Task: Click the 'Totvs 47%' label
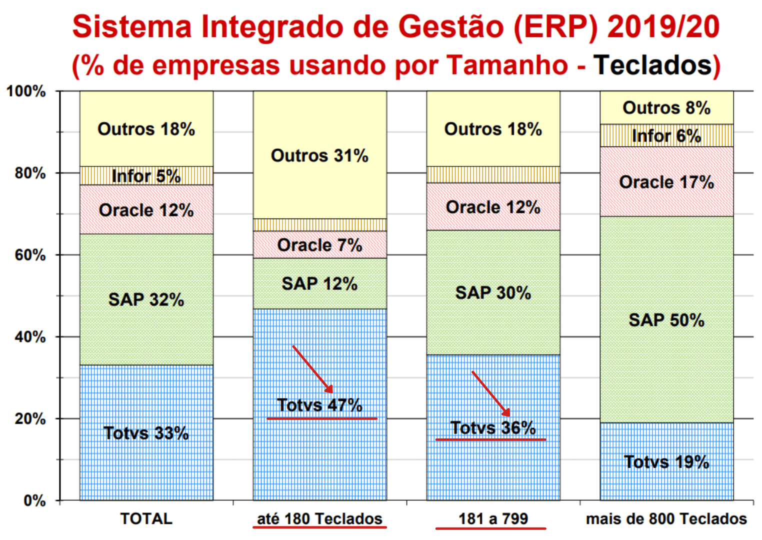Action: coord(320,405)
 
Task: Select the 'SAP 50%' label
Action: coord(666,320)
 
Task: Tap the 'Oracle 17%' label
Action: coord(666,182)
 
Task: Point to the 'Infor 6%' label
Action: coord(666,136)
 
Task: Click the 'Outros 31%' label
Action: coord(320,155)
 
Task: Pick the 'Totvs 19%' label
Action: coord(666,461)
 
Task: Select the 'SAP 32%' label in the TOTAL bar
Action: coord(146,299)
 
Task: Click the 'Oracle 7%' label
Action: coord(320,245)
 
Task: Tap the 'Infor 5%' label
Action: coord(146,176)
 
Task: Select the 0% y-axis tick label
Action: coord(34,500)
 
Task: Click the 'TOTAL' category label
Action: coord(146,519)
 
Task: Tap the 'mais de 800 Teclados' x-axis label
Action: coord(666,519)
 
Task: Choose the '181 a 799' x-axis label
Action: coord(493,519)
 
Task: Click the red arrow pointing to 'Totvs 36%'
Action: coord(491,394)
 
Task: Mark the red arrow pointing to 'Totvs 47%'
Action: coord(313,369)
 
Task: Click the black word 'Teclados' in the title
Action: coord(653,64)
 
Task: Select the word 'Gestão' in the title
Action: coord(450,27)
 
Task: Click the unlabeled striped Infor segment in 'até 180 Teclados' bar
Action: coord(320,225)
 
